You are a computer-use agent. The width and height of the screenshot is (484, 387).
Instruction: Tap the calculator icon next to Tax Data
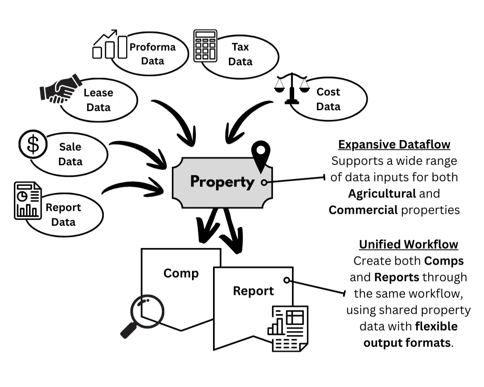click(205, 46)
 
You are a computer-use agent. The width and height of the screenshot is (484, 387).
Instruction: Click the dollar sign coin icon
click(33, 144)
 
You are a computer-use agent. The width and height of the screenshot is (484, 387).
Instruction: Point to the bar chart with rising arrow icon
click(110, 44)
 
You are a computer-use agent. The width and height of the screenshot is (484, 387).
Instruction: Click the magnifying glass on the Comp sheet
click(144, 314)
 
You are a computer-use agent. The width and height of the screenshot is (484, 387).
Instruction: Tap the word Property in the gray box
click(222, 182)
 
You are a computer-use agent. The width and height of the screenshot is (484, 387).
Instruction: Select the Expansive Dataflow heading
click(394, 145)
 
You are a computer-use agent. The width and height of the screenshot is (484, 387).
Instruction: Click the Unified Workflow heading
click(408, 244)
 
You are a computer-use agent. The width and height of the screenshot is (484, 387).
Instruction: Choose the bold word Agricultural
click(382, 194)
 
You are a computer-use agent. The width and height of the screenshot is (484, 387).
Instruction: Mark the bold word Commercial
click(363, 210)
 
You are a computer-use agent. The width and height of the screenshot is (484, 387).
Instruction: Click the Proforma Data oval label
click(152, 54)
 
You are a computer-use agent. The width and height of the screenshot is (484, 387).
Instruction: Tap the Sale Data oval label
click(70, 154)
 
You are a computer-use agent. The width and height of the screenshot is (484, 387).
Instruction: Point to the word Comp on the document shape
click(181, 273)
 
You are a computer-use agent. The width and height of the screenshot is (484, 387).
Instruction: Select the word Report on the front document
click(253, 291)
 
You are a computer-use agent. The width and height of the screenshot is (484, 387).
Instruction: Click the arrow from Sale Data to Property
click(141, 152)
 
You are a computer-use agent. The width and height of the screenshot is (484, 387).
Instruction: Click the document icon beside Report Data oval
click(28, 201)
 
